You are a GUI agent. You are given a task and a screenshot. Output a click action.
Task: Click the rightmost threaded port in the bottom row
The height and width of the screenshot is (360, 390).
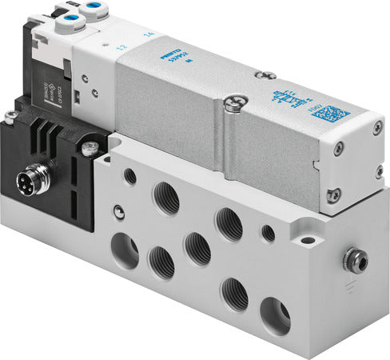(275, 317)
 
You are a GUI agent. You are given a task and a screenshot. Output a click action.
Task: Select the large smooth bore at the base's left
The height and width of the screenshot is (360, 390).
(127, 250)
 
